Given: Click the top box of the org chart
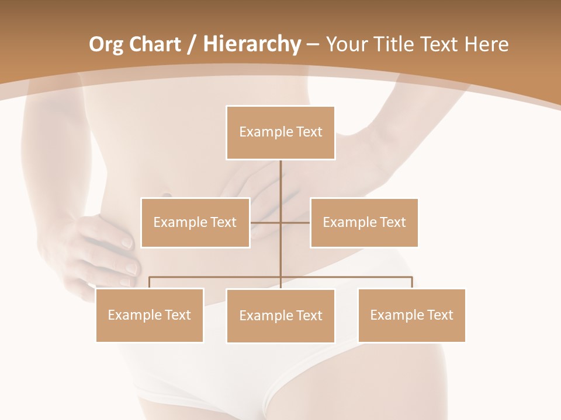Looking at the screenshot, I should pyautogui.click(x=280, y=132).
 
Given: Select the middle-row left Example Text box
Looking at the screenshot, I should pyautogui.click(x=195, y=222).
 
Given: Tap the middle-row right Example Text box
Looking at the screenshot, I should pyautogui.click(x=364, y=222).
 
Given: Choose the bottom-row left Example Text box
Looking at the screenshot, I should pyautogui.click(x=150, y=315).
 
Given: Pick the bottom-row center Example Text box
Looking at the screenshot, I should pyautogui.click(x=280, y=316).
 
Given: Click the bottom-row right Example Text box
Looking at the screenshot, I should pyautogui.click(x=411, y=315).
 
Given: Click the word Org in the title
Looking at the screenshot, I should pyautogui.click(x=106, y=44).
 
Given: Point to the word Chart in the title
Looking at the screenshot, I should pyautogui.click(x=155, y=44).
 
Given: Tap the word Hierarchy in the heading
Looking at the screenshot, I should pyautogui.click(x=251, y=44).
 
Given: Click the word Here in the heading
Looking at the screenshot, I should pyautogui.click(x=486, y=44).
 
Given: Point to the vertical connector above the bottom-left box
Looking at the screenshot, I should pyautogui.click(x=150, y=282).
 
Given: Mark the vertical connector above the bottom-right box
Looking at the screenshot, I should pyautogui.click(x=412, y=282).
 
